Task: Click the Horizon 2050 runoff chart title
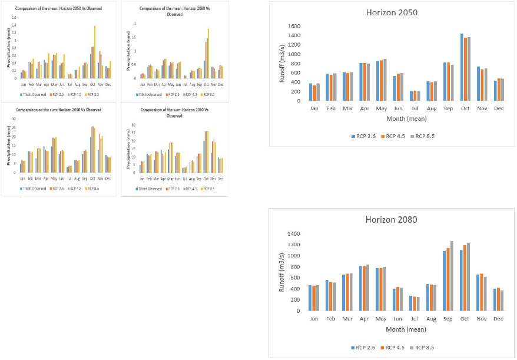pos(392,13)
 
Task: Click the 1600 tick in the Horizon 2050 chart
pos(294,27)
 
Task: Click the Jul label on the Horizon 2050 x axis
pos(399,108)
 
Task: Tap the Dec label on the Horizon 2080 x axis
pos(499,319)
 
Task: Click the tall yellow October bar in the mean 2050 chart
pos(95,52)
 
